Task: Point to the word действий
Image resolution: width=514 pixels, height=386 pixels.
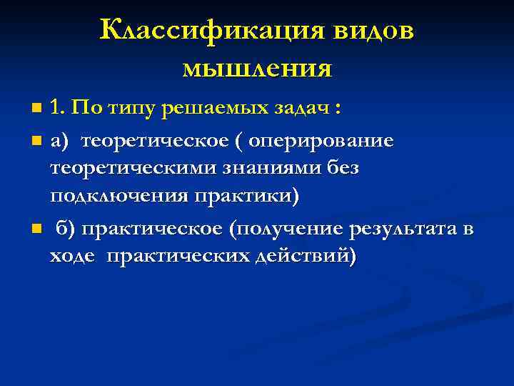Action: click(x=303, y=256)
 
